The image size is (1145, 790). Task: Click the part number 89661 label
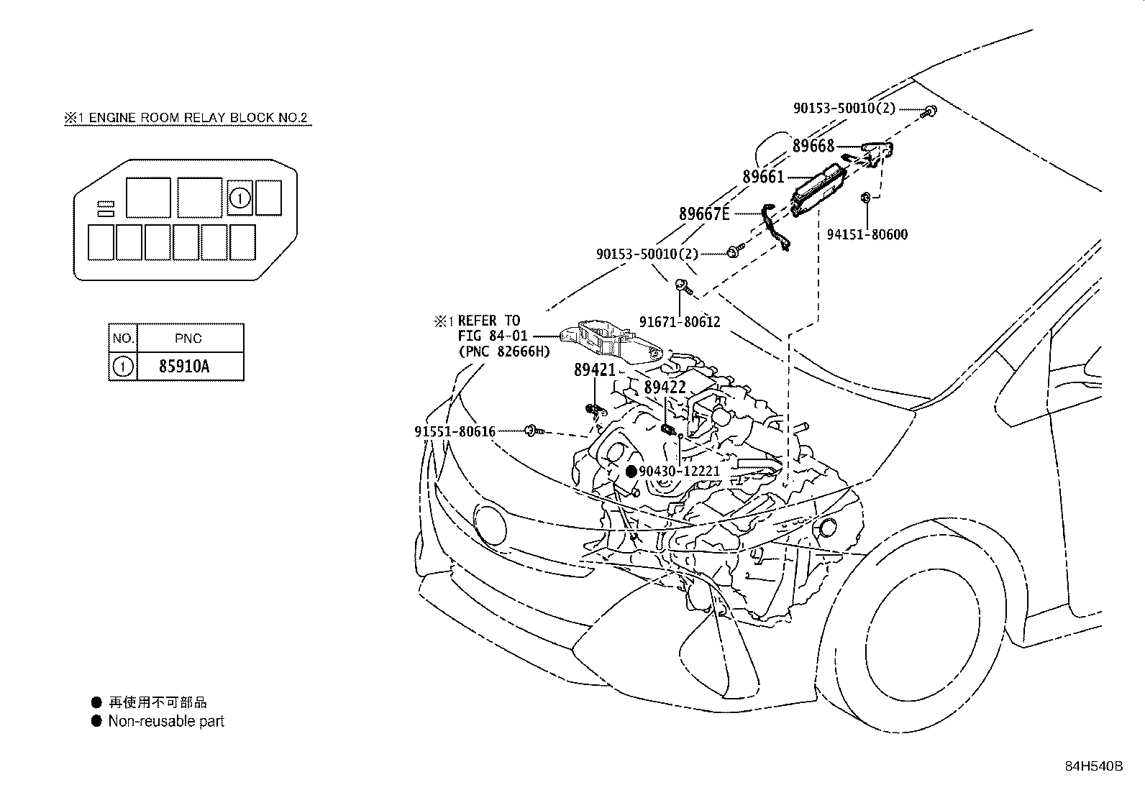(x=762, y=176)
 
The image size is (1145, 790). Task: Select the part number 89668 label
(x=813, y=146)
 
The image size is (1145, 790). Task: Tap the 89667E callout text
(x=704, y=213)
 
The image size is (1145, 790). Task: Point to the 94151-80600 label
(x=867, y=234)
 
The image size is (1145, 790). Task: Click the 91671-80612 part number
(x=680, y=322)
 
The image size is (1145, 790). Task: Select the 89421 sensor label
(x=594, y=370)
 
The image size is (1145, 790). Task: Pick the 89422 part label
(x=665, y=387)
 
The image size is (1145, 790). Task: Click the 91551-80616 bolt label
(x=455, y=431)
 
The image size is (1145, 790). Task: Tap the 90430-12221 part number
(x=679, y=472)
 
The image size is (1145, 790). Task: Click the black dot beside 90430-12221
(x=631, y=472)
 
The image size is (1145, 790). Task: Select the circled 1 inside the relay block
(x=240, y=198)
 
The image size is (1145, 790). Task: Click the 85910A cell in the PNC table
(x=184, y=367)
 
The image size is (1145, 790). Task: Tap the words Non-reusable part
(x=166, y=721)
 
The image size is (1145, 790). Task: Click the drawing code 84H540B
(x=1093, y=766)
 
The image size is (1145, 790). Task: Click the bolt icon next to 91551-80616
(x=533, y=431)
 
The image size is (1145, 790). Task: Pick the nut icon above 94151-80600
(x=867, y=196)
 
